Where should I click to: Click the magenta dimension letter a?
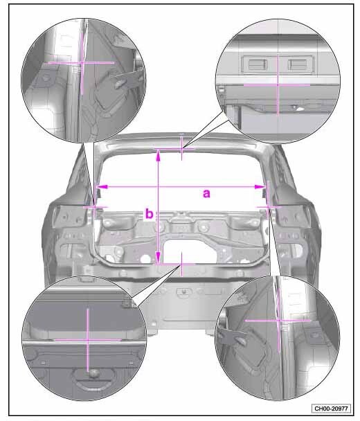206,193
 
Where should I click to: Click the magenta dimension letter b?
149,214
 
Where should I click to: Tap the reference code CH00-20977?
331,409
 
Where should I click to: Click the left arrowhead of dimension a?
102,186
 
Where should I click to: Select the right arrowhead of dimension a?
260,187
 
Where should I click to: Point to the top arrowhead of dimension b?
159,155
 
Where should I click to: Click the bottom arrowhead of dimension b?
159,258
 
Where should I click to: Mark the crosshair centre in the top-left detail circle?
82,63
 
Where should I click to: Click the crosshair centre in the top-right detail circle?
278,84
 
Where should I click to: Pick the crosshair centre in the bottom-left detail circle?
88,340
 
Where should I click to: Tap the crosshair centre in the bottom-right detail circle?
279,321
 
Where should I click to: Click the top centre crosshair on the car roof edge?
182,148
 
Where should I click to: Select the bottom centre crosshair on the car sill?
182,265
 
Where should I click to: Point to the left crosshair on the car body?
96,207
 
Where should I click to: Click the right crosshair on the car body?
268,207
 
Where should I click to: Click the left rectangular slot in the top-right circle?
258,64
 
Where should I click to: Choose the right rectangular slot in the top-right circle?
297,64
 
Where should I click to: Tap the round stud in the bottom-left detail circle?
93,373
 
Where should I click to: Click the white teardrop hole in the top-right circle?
299,108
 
